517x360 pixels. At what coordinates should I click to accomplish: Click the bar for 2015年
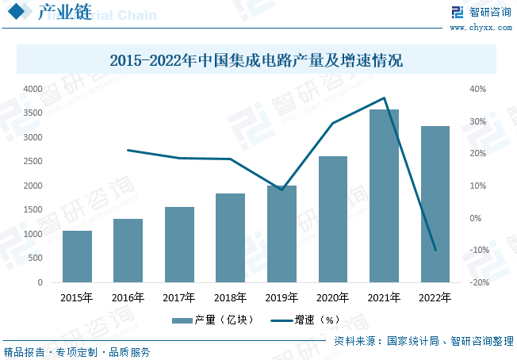pos(77,256)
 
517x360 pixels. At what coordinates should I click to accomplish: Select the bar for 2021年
pos(384,196)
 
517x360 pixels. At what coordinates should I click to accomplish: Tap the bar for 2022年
pos(435,204)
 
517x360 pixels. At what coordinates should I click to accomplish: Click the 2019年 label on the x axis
pos(281,298)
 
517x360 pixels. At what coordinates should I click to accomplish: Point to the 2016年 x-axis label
pos(128,298)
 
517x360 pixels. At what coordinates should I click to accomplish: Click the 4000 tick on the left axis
pos(32,89)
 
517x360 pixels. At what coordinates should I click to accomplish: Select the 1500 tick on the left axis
pos(32,210)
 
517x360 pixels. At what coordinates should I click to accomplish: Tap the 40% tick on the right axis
pos(478,89)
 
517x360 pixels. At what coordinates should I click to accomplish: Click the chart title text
pos(256,60)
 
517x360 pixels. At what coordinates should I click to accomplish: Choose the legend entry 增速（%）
pos(305,320)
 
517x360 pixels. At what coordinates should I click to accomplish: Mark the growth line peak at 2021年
pos(384,98)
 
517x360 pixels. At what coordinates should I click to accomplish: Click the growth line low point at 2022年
pos(435,250)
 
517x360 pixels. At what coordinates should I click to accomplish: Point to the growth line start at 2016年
pos(128,150)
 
